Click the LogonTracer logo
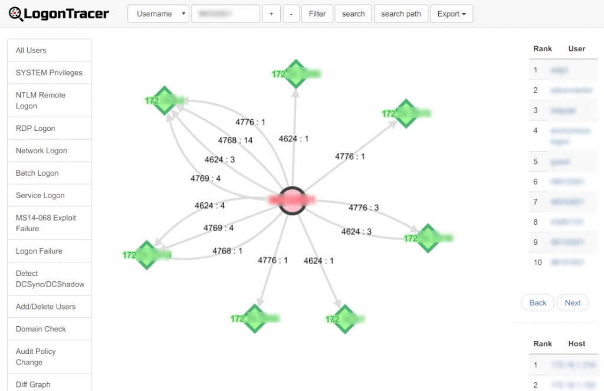pyautogui.click(x=59, y=13)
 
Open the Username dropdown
pyautogui.click(x=158, y=14)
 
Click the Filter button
pyautogui.click(x=317, y=14)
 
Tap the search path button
pyautogui.click(x=401, y=14)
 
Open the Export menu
pyautogui.click(x=451, y=14)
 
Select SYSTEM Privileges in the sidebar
pyautogui.click(x=49, y=73)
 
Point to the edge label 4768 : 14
pyautogui.click(x=235, y=140)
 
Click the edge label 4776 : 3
pyautogui.click(x=364, y=208)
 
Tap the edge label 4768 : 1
pyautogui.click(x=228, y=251)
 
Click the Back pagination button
pyautogui.click(x=537, y=303)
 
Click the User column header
pyautogui.click(x=576, y=48)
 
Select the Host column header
pyautogui.click(x=576, y=343)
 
